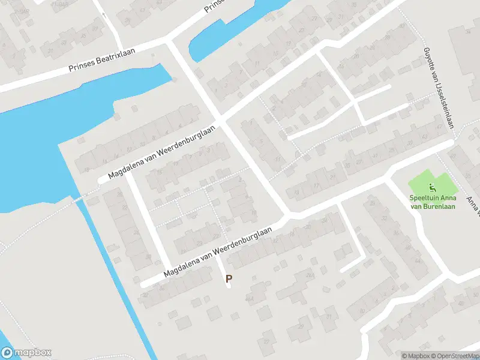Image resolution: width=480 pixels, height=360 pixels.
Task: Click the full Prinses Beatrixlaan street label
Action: tap(102, 59)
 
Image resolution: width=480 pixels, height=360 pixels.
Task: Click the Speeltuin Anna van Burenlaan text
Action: tap(432, 202)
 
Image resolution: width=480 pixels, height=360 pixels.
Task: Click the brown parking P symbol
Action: tap(229, 278)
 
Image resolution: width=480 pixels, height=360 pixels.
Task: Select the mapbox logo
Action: tap(26, 353)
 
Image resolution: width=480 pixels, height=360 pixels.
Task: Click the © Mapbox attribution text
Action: tap(416, 355)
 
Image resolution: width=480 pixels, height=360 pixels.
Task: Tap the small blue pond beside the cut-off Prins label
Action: tap(234, 30)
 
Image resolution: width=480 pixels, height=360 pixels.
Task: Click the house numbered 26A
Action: tap(310, 275)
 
